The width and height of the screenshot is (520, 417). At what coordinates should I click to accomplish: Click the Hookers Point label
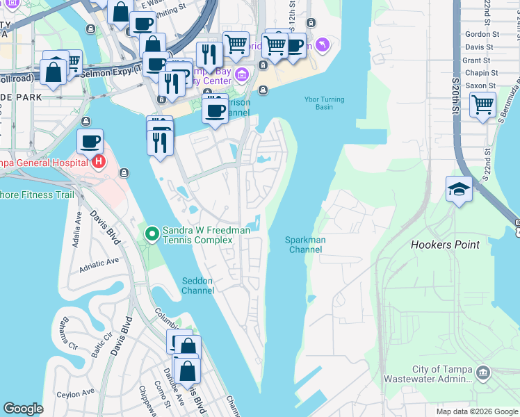click(445, 245)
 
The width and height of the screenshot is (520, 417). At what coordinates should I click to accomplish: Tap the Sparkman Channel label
click(306, 245)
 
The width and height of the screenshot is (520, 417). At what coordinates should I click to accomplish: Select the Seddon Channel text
click(198, 286)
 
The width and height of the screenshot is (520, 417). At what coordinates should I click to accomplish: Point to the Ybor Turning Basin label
click(324, 103)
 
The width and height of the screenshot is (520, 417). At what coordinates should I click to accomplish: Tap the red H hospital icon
click(99, 163)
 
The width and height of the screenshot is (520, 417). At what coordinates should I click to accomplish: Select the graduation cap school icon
click(460, 190)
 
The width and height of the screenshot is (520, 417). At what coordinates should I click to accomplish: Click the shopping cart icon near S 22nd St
click(482, 105)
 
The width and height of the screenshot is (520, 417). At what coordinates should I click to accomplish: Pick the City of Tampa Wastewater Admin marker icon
click(484, 374)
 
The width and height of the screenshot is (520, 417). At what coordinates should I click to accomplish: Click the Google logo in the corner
click(23, 409)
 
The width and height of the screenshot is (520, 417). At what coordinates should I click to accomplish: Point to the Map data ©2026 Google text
click(477, 411)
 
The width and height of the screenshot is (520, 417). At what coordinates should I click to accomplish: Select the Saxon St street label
click(480, 85)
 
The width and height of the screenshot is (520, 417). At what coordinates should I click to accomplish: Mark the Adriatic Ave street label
click(99, 264)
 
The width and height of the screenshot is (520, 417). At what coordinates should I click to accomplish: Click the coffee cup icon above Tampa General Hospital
click(90, 142)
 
